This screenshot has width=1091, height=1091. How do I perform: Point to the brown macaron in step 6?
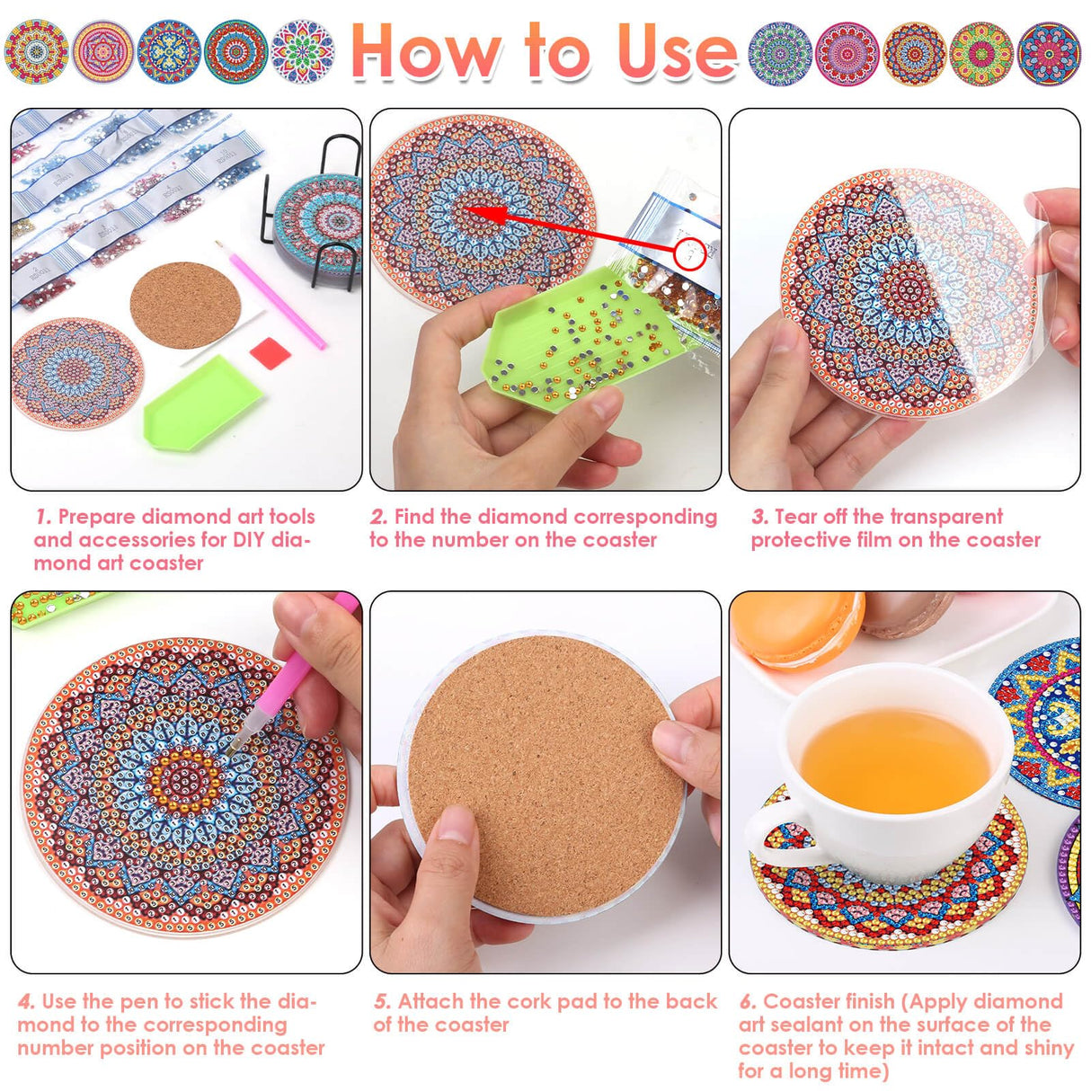[x=908, y=611]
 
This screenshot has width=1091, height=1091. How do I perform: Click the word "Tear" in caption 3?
[x=795, y=517]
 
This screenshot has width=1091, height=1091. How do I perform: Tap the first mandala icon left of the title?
[x=36, y=51]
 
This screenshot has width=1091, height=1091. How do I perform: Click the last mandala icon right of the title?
[x=1049, y=53]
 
